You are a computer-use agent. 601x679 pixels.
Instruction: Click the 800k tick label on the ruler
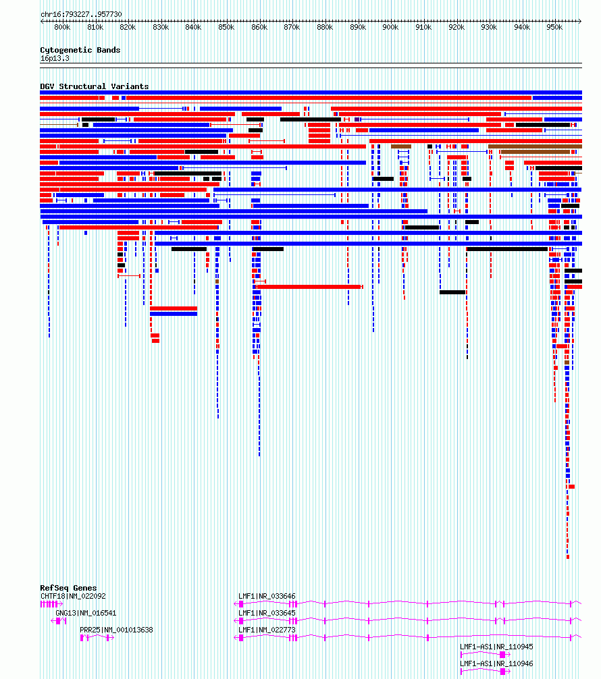pyautogui.click(x=62, y=27)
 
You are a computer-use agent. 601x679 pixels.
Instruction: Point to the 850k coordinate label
pyautogui.click(x=226, y=27)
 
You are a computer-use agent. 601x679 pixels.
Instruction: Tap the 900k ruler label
pyautogui.click(x=390, y=27)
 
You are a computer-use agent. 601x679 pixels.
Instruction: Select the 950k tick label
pyautogui.click(x=554, y=27)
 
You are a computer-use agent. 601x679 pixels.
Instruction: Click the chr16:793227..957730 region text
pyautogui.click(x=81, y=14)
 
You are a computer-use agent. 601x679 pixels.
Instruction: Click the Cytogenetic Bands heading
pyautogui.click(x=80, y=50)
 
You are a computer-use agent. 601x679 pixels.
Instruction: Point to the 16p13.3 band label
pyautogui.click(x=55, y=59)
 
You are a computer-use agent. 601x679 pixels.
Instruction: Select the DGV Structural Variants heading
pyautogui.click(x=95, y=86)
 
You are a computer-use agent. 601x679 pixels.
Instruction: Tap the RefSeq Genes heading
pyautogui.click(x=68, y=588)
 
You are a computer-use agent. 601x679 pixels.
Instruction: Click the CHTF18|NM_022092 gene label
pyautogui.click(x=73, y=596)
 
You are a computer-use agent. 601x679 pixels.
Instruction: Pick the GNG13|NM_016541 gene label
pyautogui.click(x=86, y=613)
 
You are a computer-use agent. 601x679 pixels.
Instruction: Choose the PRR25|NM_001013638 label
pyautogui.click(x=117, y=630)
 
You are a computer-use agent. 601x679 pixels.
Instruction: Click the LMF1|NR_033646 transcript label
pyautogui.click(x=267, y=596)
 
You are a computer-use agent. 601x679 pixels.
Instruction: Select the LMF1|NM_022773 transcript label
pyautogui.click(x=267, y=630)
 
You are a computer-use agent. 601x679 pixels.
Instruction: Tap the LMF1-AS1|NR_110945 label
pyautogui.click(x=496, y=647)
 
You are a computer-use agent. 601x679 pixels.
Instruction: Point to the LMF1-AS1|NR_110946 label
pyautogui.click(x=496, y=664)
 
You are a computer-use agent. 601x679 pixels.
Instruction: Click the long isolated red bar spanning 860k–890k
pyautogui.click(x=309, y=287)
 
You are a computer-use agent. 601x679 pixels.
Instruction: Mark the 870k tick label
pyautogui.click(x=292, y=27)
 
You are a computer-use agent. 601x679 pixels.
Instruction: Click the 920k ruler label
pyautogui.click(x=456, y=27)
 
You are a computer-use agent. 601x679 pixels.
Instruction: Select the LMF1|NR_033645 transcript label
pyautogui.click(x=267, y=613)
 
